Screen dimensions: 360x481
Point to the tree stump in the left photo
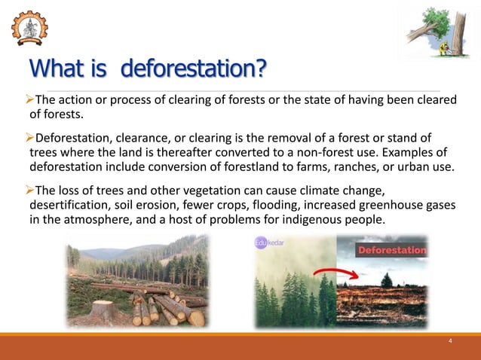pos(101,310)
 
